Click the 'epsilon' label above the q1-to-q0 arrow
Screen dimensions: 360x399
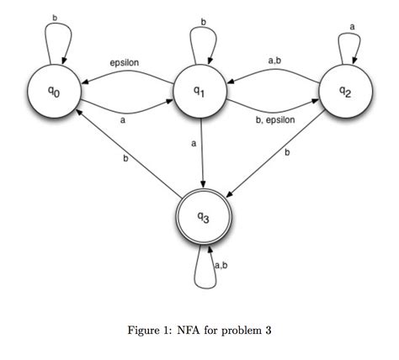coord(124,63)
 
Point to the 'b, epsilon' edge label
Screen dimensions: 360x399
coord(275,120)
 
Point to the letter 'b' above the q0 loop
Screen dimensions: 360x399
coord(55,18)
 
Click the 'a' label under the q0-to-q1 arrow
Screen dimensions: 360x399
coord(123,121)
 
